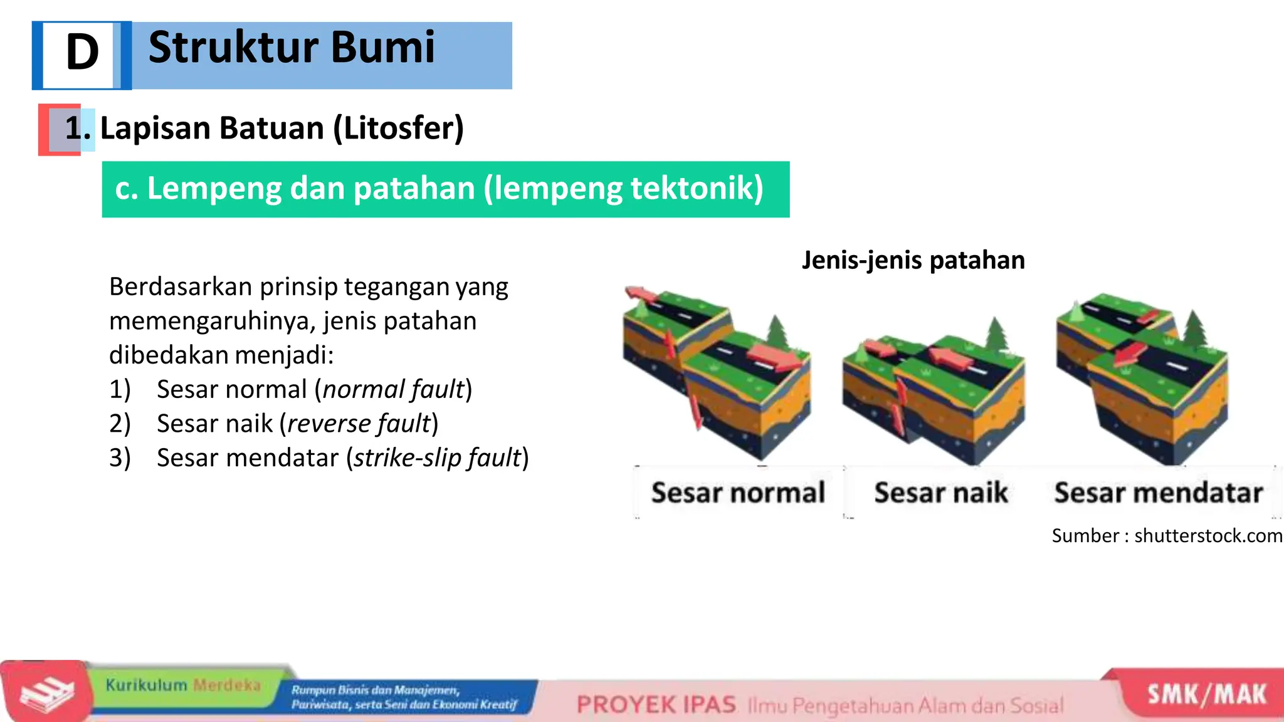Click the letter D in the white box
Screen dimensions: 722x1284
(x=82, y=53)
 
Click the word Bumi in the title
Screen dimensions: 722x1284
(x=382, y=48)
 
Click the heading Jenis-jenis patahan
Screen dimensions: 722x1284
(x=913, y=260)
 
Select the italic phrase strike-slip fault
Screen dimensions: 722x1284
(x=438, y=458)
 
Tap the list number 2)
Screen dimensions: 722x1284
(x=120, y=424)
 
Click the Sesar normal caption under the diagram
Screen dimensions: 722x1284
(x=738, y=493)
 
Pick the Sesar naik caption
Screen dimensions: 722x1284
(x=940, y=493)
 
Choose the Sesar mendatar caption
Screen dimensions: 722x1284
(x=1158, y=493)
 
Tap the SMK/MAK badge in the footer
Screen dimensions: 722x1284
(x=1206, y=694)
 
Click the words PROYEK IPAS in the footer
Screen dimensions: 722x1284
(x=656, y=705)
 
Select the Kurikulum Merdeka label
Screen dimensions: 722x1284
(x=182, y=685)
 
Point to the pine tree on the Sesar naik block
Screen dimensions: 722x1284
(x=996, y=334)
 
